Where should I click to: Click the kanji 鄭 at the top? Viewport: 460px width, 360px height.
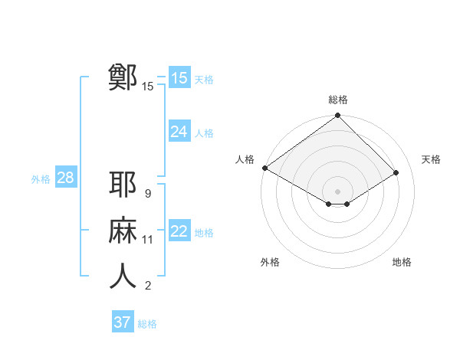pos(123,77)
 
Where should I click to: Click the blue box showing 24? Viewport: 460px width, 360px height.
pos(179,132)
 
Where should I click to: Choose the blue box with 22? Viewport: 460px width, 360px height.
pos(179,231)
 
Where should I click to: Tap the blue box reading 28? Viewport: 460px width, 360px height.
pos(65,178)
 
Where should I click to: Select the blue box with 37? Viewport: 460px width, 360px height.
pos(123,322)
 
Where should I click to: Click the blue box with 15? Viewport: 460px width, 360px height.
pos(179,78)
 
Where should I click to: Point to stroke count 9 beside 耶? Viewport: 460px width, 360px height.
pos(147,194)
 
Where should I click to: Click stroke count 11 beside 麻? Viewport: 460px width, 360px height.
pos(147,240)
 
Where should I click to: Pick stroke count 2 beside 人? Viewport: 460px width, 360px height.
pos(147,286)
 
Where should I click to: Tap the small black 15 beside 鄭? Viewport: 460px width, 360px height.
pos(147,87)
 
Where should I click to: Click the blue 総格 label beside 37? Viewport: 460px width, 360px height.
pos(147,324)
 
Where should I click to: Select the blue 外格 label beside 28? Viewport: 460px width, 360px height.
pos(41,179)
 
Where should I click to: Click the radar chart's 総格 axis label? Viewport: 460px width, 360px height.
pos(337,100)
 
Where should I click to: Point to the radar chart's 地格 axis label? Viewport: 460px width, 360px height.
pos(402,262)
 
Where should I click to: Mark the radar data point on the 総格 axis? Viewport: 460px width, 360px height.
pos(337,116)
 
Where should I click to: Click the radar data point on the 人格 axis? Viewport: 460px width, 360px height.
pos(264,168)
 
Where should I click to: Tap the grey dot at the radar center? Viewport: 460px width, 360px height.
pos(337,191)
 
